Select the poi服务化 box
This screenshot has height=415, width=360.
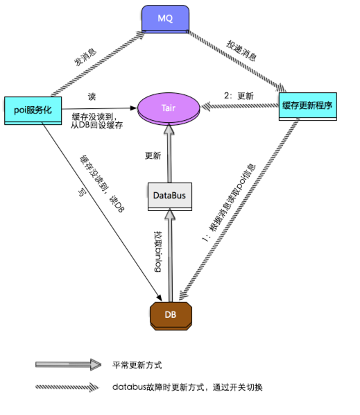pyautogui.click(x=33, y=109)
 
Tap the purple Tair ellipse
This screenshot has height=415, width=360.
pyautogui.click(x=169, y=108)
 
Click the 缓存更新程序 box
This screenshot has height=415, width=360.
pyautogui.click(x=307, y=106)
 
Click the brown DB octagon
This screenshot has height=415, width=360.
pyautogui.click(x=170, y=314)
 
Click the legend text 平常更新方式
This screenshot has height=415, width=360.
pyautogui.click(x=138, y=364)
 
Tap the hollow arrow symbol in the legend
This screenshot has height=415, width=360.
pyautogui.click(x=67, y=364)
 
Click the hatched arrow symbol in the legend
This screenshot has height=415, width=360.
pyautogui.click(x=67, y=387)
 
